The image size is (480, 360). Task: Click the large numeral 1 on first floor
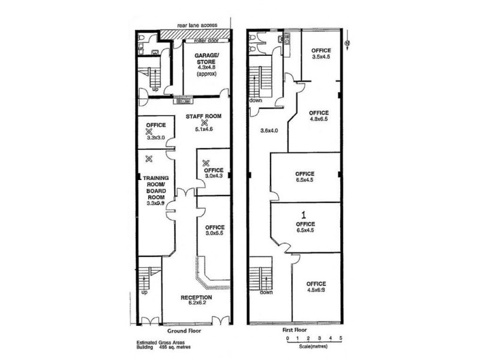tap(304, 214)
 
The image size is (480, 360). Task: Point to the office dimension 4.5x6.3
tap(316, 289)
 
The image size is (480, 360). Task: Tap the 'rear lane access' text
tap(197, 26)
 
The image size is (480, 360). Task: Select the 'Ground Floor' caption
tap(185, 331)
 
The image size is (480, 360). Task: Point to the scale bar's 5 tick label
tap(341, 339)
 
